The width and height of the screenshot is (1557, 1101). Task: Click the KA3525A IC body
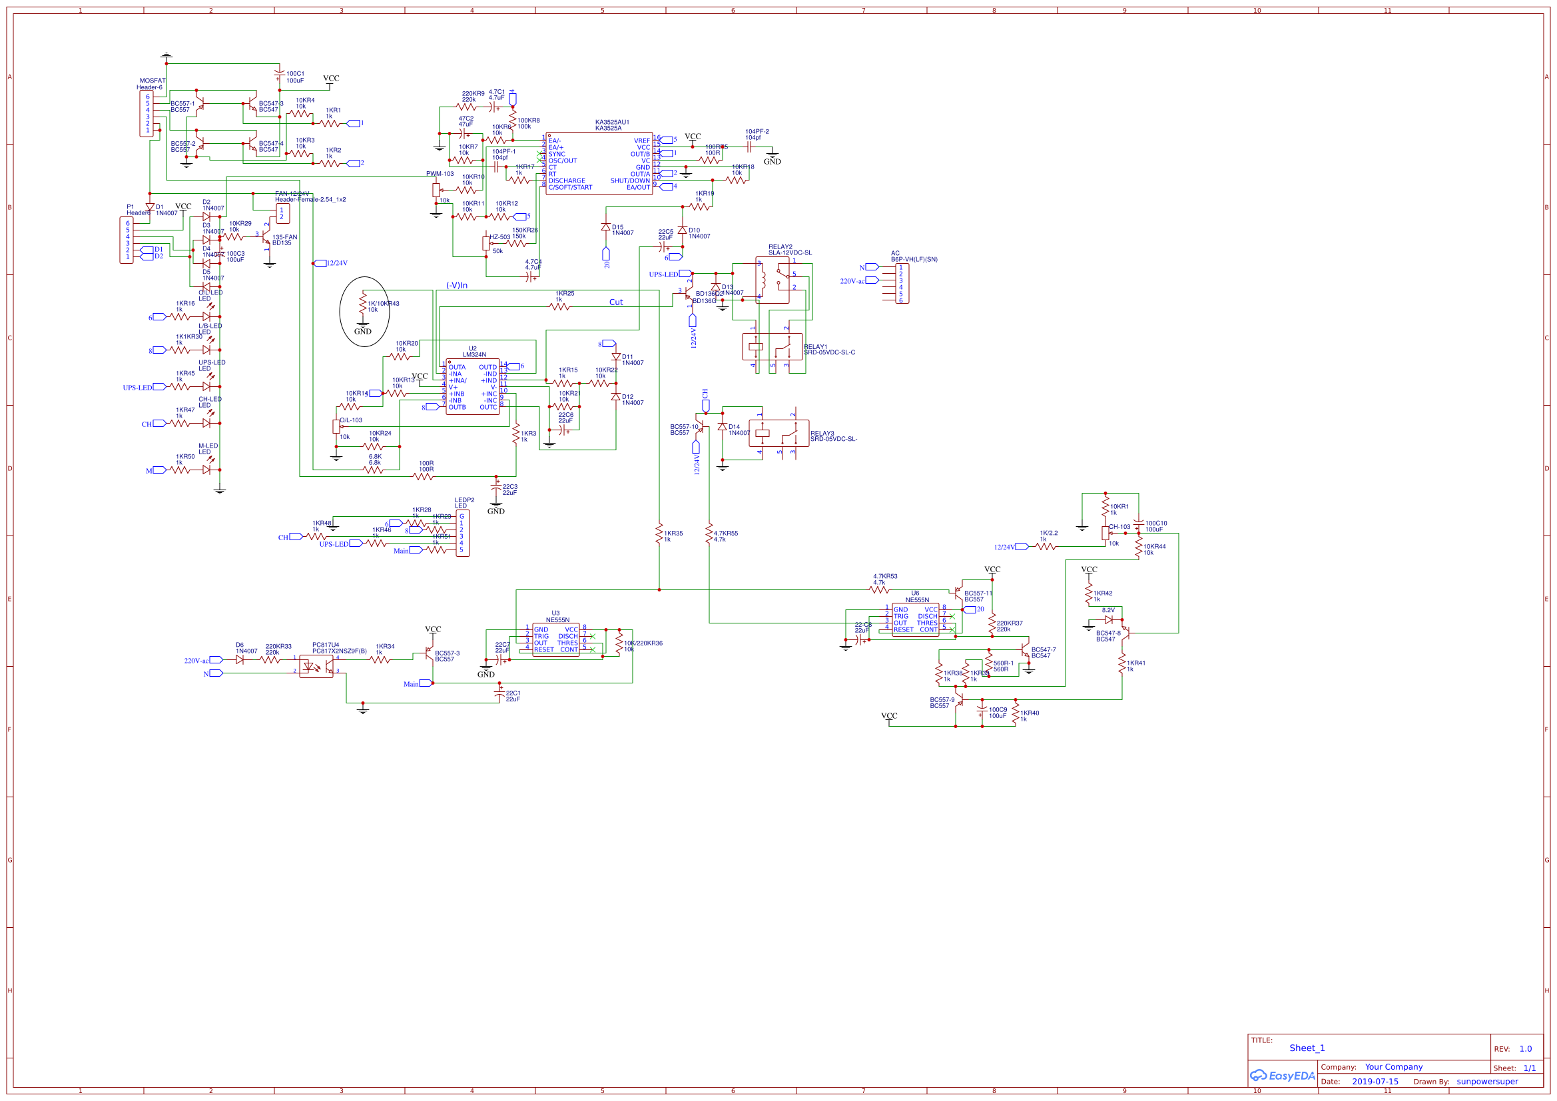tap(599, 163)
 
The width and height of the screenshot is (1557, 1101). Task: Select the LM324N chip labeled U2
tap(473, 387)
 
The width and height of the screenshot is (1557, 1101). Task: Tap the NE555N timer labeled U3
tap(555, 639)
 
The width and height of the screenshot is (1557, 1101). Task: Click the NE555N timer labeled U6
tap(915, 619)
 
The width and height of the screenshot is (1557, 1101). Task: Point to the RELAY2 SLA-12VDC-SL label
tap(789, 250)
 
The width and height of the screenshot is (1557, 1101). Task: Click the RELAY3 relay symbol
tap(778, 433)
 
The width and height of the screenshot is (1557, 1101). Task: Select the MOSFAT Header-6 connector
tap(147, 113)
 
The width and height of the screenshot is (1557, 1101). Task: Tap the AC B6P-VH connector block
tap(901, 284)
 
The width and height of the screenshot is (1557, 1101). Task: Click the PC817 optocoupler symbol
tap(316, 666)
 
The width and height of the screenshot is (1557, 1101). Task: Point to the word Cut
tap(615, 302)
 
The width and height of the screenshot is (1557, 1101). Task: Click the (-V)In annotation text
tap(456, 286)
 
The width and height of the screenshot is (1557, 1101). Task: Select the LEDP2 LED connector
tap(462, 534)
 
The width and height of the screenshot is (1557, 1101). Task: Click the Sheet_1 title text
tap(1306, 1048)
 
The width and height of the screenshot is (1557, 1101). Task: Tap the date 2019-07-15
tap(1375, 1082)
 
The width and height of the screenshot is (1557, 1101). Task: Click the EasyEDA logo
tap(1282, 1076)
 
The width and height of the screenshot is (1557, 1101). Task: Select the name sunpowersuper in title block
tap(1486, 1082)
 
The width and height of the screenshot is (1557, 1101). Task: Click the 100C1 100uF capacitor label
tap(295, 77)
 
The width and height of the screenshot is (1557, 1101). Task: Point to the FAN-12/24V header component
tap(283, 214)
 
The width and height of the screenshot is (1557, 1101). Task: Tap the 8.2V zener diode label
tap(1107, 611)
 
